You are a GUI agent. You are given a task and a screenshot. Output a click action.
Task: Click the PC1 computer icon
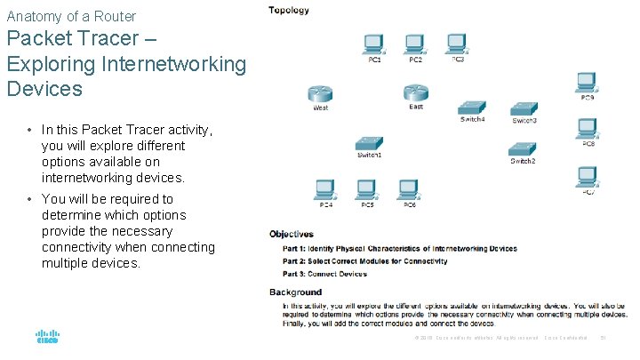click(373, 44)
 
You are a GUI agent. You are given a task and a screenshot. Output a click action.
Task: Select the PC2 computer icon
click(414, 44)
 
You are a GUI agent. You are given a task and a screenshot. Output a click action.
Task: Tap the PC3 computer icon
click(456, 44)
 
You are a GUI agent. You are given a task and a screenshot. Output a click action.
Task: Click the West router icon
click(320, 94)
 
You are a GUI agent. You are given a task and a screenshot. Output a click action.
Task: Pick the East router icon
click(415, 93)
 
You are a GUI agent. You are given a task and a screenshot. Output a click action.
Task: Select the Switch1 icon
click(369, 144)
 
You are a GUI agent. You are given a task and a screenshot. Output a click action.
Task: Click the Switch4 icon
click(472, 108)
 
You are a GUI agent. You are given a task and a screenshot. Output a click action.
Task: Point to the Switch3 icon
click(524, 109)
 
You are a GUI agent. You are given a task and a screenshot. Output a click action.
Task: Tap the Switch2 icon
click(523, 149)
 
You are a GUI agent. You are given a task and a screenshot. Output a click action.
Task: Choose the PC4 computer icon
click(325, 188)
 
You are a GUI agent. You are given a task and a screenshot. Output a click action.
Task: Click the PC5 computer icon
click(366, 188)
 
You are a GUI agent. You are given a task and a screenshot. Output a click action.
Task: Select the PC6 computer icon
click(408, 188)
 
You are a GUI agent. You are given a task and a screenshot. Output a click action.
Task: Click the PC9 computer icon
click(587, 83)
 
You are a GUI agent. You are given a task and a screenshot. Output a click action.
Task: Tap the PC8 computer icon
click(588, 129)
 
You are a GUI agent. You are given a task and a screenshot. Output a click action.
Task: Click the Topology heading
click(289, 11)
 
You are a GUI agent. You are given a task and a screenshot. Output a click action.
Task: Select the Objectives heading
click(292, 234)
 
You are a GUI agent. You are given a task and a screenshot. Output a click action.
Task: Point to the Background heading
click(295, 292)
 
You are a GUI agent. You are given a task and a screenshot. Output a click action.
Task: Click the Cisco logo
click(47, 338)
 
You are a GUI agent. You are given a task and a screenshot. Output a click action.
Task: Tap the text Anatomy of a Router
click(71, 16)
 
